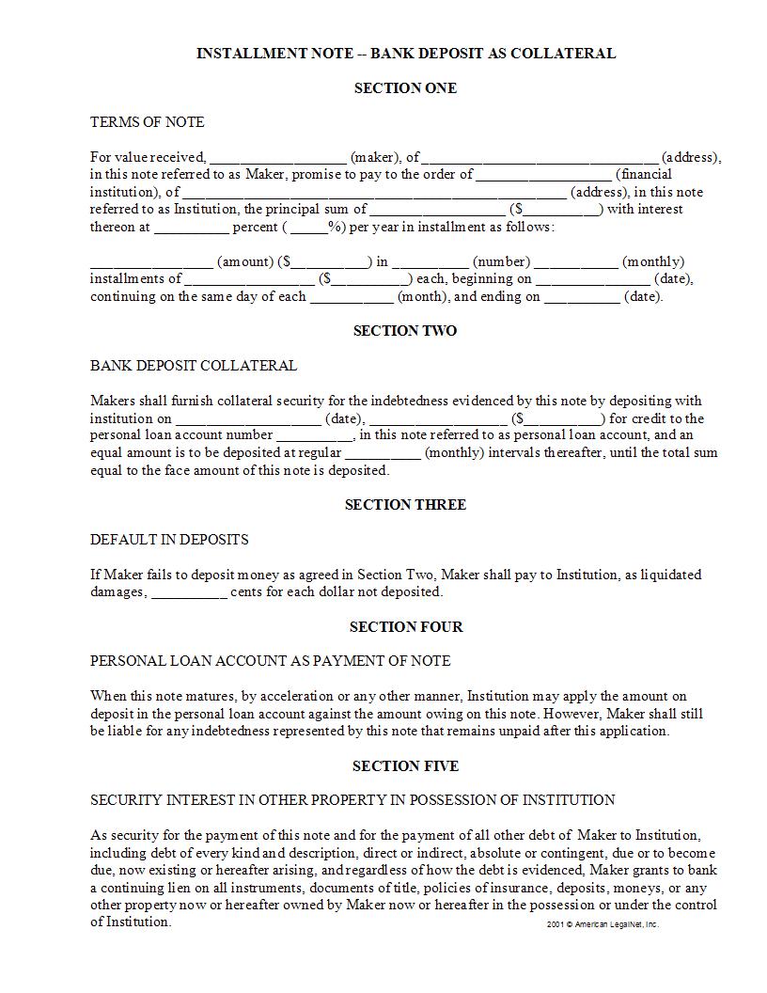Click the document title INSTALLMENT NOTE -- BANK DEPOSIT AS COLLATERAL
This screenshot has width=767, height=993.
[x=405, y=54]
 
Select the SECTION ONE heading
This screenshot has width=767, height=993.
[x=405, y=88]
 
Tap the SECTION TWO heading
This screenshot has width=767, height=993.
[x=405, y=331]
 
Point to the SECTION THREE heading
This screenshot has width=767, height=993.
[x=405, y=505]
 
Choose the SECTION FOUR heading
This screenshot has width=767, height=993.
[x=405, y=627]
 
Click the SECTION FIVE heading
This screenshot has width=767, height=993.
[x=405, y=766]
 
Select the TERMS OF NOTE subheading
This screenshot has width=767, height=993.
[x=147, y=122]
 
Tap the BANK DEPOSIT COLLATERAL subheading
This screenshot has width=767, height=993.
[x=194, y=366]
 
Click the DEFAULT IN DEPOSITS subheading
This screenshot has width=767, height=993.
[x=169, y=540]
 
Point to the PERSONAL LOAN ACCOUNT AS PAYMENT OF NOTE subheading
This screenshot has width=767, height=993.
[x=270, y=661]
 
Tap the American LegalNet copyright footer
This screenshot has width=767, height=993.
[x=603, y=924]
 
